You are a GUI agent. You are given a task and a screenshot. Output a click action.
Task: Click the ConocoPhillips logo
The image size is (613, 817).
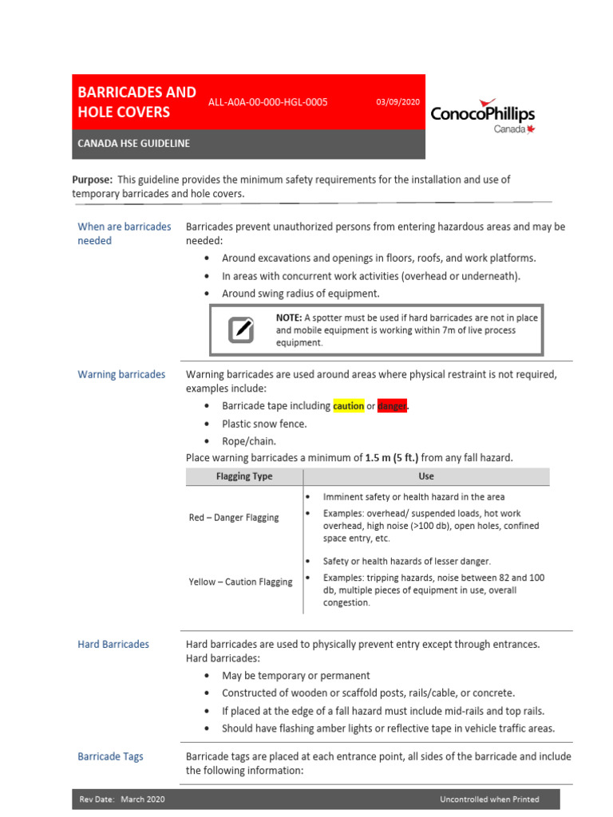(x=482, y=116)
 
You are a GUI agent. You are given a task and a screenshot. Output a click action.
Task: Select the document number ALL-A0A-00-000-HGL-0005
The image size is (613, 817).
(x=267, y=102)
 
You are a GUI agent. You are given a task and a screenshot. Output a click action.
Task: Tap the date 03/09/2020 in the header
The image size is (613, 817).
(x=398, y=102)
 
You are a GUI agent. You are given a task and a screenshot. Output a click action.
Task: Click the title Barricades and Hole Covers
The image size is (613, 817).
(x=136, y=102)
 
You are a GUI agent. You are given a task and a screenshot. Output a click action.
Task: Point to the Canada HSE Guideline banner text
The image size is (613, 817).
(x=133, y=144)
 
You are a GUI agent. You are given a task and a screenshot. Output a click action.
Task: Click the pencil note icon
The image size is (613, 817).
(x=241, y=330)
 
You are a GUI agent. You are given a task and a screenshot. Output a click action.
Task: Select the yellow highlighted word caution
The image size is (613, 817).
(x=348, y=406)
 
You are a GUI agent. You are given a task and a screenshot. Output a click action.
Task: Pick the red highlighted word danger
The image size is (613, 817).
(x=392, y=406)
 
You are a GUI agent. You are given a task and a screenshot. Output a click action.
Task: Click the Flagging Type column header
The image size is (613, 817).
(x=244, y=476)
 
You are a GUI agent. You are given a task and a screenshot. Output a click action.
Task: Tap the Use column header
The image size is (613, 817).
(x=426, y=476)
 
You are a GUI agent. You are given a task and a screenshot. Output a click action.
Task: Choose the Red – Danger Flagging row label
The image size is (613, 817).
(x=234, y=518)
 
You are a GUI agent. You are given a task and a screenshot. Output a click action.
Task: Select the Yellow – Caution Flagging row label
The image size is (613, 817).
(x=240, y=582)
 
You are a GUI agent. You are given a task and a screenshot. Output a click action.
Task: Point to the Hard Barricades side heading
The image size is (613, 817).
(x=113, y=644)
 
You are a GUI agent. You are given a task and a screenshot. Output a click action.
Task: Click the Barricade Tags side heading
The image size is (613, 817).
(x=110, y=756)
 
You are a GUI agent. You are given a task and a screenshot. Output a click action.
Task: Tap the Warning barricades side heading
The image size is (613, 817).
(x=121, y=374)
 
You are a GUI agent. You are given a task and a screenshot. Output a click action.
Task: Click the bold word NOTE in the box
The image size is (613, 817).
(x=289, y=318)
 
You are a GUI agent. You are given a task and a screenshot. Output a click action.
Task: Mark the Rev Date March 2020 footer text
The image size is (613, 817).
(x=122, y=799)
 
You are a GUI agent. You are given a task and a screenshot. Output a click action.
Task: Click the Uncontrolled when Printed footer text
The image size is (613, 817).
(x=488, y=799)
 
